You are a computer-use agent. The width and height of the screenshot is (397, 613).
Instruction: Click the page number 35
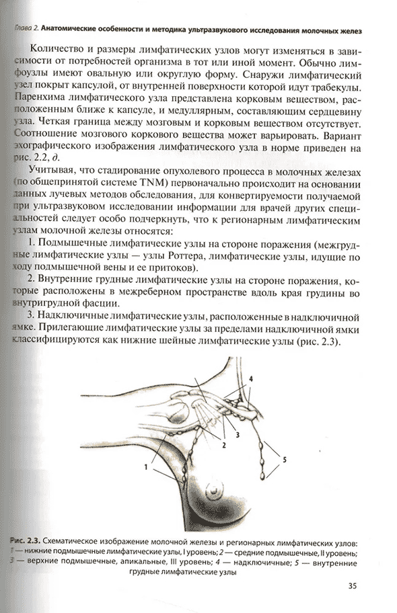coord(353,585)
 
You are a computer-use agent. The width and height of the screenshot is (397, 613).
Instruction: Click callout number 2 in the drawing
coord(223,444)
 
